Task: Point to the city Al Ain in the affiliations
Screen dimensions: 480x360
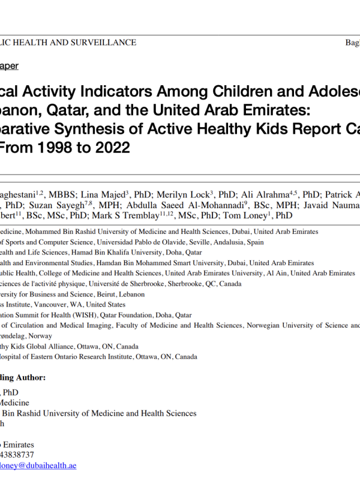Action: click(x=278, y=273)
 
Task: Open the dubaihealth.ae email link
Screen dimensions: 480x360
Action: click(x=37, y=466)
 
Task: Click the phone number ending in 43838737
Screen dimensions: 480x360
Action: click(x=17, y=455)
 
